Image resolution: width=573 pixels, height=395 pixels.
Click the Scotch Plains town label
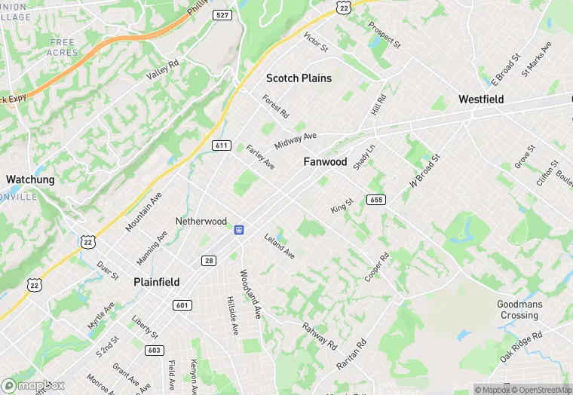point(299,78)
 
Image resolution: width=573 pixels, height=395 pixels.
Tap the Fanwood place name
point(325,162)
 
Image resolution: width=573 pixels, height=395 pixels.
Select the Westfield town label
point(481,100)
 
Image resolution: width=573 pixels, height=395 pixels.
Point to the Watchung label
point(30,179)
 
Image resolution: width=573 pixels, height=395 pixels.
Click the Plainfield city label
point(156,282)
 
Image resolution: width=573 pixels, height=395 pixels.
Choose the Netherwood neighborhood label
point(201,222)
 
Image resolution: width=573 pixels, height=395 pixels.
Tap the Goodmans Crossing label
point(519,310)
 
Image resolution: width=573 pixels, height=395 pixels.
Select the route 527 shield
point(222,14)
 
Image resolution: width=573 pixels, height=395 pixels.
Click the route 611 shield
point(221,145)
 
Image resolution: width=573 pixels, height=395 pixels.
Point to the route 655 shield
point(376,200)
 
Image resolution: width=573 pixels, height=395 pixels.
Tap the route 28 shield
point(209,260)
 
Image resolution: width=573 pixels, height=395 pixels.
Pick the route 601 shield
point(182,305)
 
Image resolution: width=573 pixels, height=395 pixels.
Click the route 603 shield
point(155,350)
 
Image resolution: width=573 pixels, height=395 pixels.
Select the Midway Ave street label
point(296,139)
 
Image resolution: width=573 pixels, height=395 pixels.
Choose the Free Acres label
point(63,47)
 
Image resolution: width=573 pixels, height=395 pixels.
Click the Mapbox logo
point(32,385)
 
